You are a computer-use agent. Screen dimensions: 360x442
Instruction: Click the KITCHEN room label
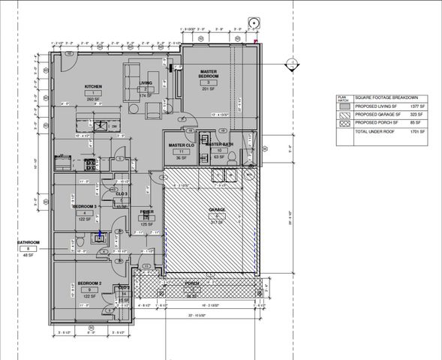tap(94, 86)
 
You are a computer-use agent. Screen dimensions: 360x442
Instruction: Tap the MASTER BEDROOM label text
tap(208, 74)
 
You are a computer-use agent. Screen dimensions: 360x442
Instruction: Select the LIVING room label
tap(147, 82)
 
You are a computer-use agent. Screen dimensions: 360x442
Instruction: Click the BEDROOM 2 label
tap(89, 283)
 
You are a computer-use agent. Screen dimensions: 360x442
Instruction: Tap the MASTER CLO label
tap(182, 145)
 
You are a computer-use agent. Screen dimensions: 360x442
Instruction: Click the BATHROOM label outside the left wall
tap(29, 242)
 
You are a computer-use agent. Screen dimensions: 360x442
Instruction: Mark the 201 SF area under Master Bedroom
tap(208, 88)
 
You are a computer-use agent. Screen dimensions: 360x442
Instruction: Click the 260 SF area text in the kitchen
tap(94, 99)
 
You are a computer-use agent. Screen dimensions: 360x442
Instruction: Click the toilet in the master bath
tap(233, 156)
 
